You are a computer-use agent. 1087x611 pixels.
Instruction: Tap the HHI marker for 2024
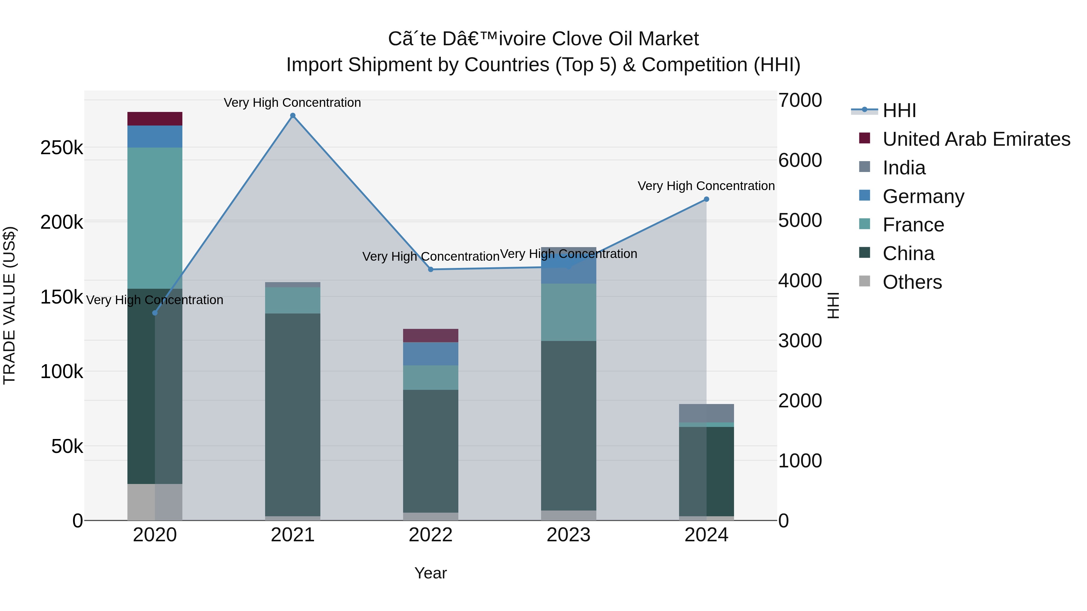[706, 199]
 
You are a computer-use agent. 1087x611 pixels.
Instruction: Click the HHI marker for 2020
[155, 313]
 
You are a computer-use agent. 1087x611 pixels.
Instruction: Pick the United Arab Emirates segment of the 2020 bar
[155, 119]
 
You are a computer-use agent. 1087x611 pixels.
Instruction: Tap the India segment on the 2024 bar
[706, 413]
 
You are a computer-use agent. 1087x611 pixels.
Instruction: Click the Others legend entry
[912, 282]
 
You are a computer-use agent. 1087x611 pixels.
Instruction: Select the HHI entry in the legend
[899, 110]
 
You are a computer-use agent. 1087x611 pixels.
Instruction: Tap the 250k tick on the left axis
[62, 148]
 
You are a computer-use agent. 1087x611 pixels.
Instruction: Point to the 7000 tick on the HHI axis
[800, 100]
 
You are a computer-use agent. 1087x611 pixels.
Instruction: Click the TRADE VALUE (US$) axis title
[9, 305]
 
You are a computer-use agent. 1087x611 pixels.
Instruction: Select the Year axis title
[430, 573]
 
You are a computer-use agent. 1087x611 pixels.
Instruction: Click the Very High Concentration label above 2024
[706, 186]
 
